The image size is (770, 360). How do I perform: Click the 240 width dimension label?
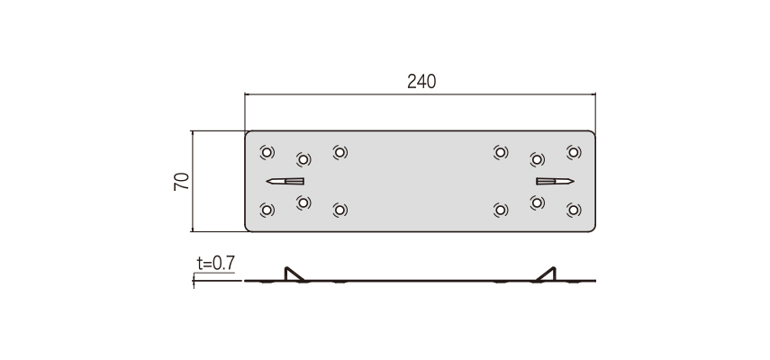[x=421, y=81]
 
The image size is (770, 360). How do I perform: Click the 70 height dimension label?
[x=182, y=182]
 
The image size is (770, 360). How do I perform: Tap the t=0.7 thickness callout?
[x=215, y=264]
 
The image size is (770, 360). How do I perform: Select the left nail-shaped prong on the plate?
[x=285, y=182]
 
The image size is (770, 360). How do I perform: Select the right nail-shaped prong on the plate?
[x=555, y=182]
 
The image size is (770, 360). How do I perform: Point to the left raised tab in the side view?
[x=294, y=274]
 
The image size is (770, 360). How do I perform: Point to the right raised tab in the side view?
[x=546, y=274]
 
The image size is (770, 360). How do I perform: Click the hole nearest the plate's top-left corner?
[x=267, y=152]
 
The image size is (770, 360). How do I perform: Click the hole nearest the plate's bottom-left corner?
[x=267, y=211]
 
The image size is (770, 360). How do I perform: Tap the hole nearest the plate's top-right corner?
[x=574, y=152]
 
